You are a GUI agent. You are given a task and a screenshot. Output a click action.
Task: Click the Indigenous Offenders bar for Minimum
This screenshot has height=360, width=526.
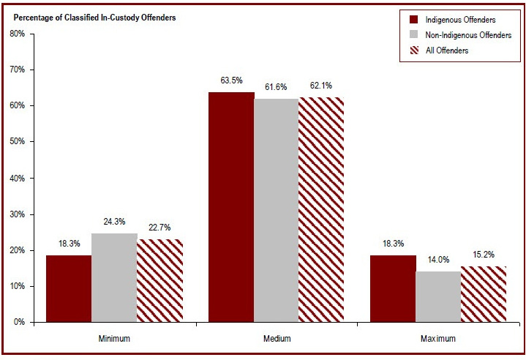pos(69,288)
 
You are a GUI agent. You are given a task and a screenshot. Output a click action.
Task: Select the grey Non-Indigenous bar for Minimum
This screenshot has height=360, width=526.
pos(114,277)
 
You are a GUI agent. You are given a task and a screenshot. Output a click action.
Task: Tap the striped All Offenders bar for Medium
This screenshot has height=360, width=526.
pos(321,209)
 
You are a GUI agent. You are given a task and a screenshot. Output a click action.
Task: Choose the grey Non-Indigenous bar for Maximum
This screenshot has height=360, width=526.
pos(438,296)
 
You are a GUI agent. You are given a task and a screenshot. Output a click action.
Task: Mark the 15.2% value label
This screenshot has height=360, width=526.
pos(484,255)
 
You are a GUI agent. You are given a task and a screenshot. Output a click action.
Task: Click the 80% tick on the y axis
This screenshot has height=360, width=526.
pos(18,34)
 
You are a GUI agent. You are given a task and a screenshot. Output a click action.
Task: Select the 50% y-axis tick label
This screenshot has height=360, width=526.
pos(18,141)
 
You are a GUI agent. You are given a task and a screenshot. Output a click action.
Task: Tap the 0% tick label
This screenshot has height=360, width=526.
pos(20,322)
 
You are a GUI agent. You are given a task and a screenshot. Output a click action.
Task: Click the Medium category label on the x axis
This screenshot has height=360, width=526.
pos(277,339)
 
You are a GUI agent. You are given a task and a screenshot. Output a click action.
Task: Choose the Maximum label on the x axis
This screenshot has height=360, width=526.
pos(438,339)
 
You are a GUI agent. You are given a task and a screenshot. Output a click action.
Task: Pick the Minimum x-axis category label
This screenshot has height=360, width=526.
pos(114,339)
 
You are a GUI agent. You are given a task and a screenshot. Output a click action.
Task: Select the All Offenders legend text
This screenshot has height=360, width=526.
pos(447,50)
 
